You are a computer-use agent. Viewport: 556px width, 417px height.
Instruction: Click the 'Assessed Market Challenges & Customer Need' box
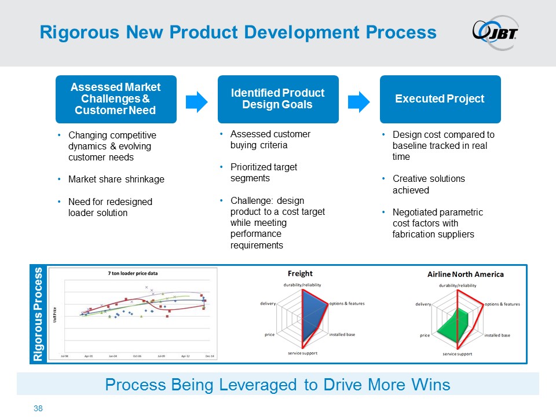point(116,99)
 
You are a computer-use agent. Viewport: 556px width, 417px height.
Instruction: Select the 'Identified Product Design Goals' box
point(278,99)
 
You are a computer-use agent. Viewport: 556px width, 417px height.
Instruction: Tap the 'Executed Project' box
point(440,99)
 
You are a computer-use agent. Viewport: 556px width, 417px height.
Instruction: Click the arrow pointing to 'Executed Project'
point(360,101)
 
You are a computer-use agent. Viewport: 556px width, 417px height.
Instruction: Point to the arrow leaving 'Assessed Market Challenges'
point(197,101)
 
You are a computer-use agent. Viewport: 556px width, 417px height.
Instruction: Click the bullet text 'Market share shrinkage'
point(116,180)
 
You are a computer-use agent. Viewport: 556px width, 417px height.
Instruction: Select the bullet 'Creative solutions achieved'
point(429,184)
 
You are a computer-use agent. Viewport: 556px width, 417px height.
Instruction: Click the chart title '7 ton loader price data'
point(133,272)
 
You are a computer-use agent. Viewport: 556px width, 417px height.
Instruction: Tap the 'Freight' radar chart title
point(300,273)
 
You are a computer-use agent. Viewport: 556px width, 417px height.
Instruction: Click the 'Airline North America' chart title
point(466,274)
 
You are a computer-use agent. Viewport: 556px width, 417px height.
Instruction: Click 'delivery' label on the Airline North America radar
point(423,304)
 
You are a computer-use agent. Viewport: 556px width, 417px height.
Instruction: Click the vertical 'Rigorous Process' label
point(39,314)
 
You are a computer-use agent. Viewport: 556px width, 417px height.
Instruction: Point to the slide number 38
point(39,409)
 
